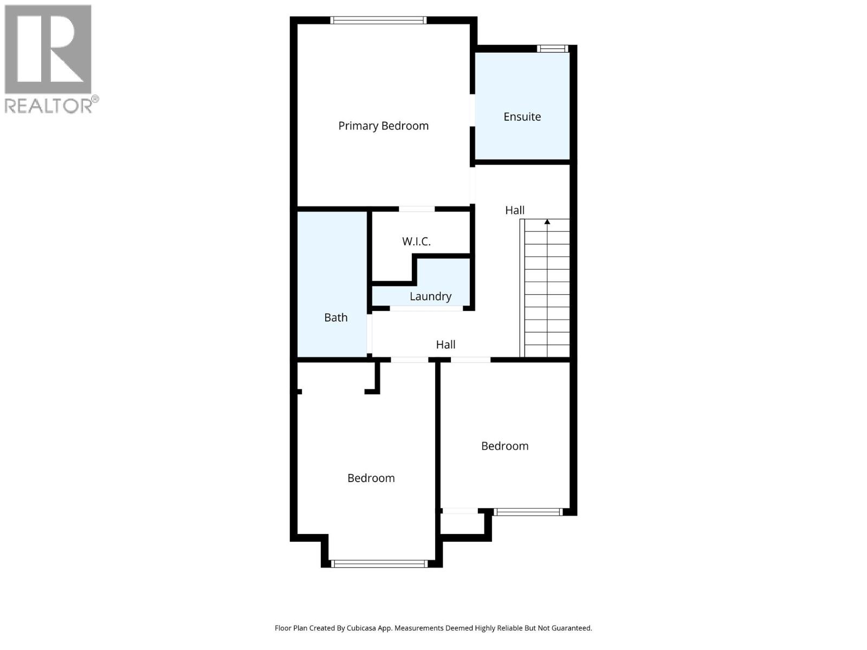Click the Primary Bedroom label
pyautogui.click(x=383, y=126)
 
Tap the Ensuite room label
pyautogui.click(x=522, y=116)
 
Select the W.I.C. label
pyautogui.click(x=416, y=242)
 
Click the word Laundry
pyautogui.click(x=430, y=296)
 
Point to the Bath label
pyautogui.click(x=335, y=317)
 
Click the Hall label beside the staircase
pyautogui.click(x=515, y=210)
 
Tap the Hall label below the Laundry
pyautogui.click(x=445, y=344)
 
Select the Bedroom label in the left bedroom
pyautogui.click(x=371, y=478)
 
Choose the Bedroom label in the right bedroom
pyautogui.click(x=504, y=446)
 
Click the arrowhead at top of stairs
pyautogui.click(x=547, y=222)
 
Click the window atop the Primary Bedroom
pyautogui.click(x=378, y=21)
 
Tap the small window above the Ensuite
pyautogui.click(x=552, y=49)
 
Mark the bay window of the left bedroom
pyautogui.click(x=379, y=564)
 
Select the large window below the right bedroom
pyautogui.click(x=528, y=512)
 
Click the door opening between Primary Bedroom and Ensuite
pyautogui.click(x=473, y=110)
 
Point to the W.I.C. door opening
pyautogui.click(x=417, y=209)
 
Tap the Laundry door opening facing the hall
pyautogui.click(x=426, y=308)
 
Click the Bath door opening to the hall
pyautogui.click(x=370, y=334)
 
